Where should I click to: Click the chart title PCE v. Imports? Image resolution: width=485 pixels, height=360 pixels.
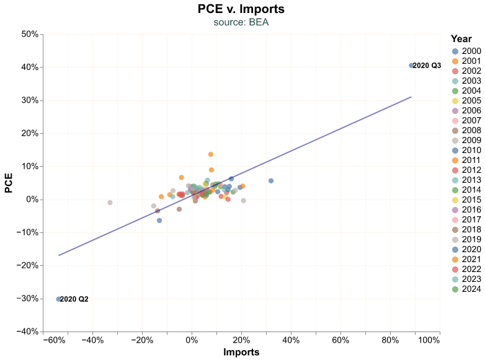pos(241,9)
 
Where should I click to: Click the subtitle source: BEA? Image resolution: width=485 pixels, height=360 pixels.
pos(241,22)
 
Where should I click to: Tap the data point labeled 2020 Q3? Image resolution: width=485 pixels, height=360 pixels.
pos(411,66)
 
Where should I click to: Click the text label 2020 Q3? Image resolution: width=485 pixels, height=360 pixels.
pos(427,66)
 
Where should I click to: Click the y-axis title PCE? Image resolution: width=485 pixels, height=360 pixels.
pos(9,183)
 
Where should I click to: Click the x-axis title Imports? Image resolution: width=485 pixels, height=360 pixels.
pos(241,353)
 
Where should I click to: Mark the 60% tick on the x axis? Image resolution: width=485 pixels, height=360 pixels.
pos(340,341)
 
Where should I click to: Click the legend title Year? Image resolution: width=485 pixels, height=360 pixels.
pos(461,38)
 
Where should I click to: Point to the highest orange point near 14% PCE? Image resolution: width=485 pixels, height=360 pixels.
pos(211,154)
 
